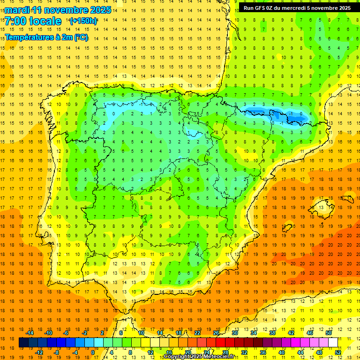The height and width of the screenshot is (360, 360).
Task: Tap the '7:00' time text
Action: point(15,21)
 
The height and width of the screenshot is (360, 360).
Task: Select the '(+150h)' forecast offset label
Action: point(83,21)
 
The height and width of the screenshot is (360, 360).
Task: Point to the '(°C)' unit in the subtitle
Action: point(81,37)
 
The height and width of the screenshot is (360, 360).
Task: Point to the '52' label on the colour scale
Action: point(337,352)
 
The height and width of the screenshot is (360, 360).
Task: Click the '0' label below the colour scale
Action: point(93,352)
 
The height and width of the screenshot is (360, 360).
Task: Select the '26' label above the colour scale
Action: point(216,333)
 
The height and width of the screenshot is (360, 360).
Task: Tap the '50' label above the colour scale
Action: point(328,333)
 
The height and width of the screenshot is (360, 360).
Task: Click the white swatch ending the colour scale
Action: point(333,343)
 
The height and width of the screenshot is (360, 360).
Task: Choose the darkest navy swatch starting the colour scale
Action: point(23,343)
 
